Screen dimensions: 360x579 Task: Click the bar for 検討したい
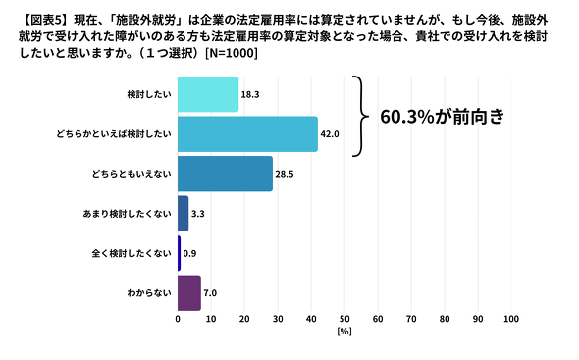208,94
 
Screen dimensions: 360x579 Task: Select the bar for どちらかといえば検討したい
247,133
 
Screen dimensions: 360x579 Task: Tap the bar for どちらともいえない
225,174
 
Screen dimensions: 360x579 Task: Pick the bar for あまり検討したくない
184,213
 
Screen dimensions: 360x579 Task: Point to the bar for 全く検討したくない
180,252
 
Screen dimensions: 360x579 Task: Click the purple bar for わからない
189,292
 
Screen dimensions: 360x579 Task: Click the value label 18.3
251,94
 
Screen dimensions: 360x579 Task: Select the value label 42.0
330,134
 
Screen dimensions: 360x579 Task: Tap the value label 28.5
286,174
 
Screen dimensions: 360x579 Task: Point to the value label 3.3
198,213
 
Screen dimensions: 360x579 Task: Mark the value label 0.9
190,253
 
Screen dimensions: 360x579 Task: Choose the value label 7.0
210,292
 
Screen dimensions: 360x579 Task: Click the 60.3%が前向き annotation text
447,118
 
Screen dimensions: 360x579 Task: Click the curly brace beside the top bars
359,116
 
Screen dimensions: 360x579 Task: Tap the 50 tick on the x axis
344,320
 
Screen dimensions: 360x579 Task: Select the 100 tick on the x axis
510,320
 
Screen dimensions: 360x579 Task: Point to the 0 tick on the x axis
178,320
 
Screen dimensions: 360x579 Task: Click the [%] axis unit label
344,333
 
